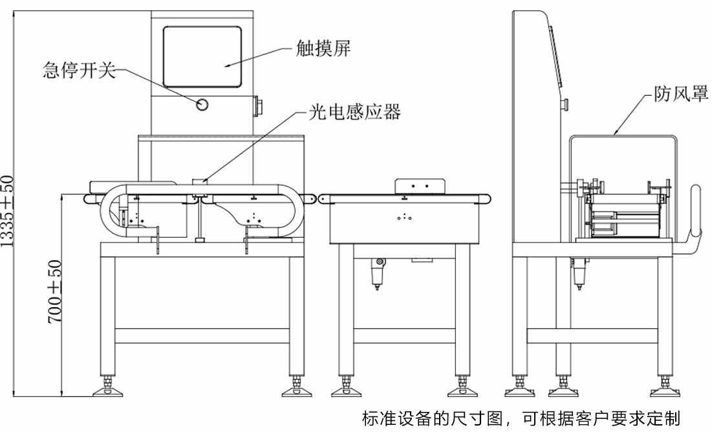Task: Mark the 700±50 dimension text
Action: point(56,293)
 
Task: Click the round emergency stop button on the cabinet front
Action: point(202,104)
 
